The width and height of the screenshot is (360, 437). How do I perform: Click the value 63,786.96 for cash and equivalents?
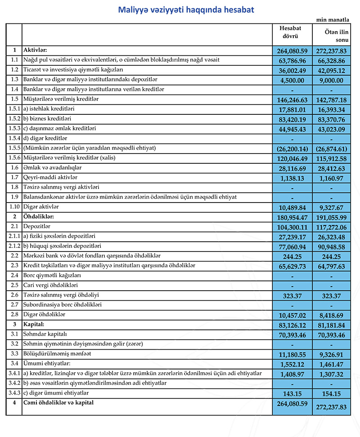pos(293,60)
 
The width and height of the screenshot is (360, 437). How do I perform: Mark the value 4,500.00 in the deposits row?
pos(293,80)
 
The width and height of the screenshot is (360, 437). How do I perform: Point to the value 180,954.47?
pos(293,217)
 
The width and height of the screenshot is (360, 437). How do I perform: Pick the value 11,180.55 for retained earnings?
pos(293,354)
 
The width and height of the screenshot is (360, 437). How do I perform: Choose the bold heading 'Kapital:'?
pos(36,324)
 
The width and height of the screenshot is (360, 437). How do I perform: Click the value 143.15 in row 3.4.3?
pos(293,393)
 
